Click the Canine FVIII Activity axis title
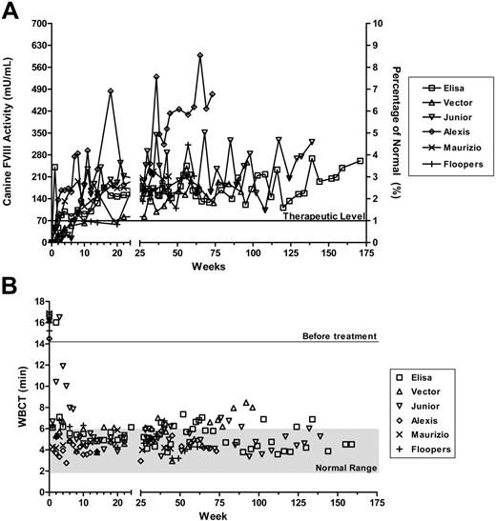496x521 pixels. [11, 133]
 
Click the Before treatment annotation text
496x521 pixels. [341, 336]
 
